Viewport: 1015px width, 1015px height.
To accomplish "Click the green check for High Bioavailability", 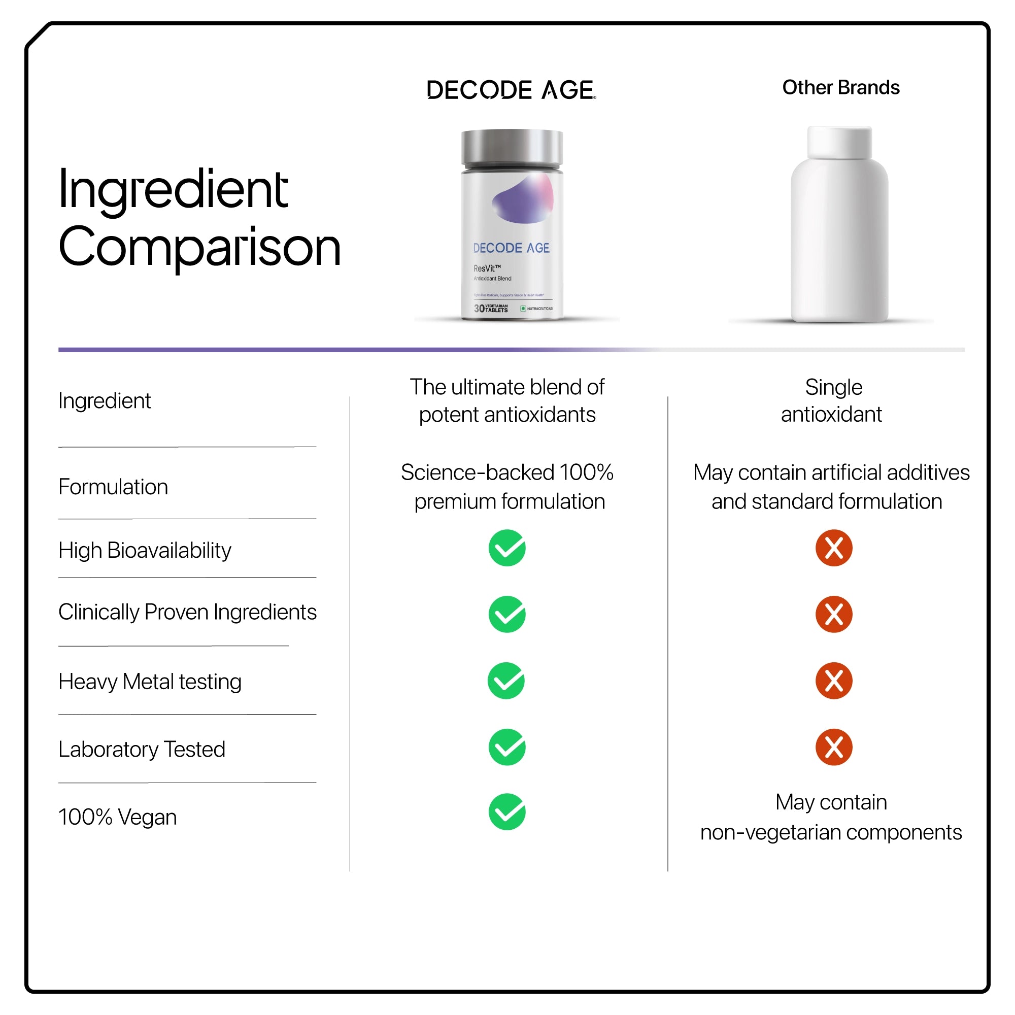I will [507, 548].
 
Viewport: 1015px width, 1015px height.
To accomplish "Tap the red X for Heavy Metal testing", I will [834, 681].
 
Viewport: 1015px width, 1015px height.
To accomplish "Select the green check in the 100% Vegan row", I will [507, 811].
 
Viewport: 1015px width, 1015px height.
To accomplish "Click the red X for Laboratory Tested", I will [834, 747].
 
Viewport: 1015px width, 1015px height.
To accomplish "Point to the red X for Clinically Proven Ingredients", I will [834, 614].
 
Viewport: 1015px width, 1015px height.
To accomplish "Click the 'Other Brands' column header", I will [840, 87].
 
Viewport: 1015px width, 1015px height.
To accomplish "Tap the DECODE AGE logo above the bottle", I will [511, 90].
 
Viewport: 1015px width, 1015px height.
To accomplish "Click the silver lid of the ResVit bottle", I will [512, 148].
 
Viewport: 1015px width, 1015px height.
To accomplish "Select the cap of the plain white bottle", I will [839, 142].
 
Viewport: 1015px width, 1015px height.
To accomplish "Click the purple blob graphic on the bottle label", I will [523, 199].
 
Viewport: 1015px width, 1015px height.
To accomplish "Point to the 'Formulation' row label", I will [113, 487].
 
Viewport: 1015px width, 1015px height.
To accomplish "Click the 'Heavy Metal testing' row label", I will [150, 682].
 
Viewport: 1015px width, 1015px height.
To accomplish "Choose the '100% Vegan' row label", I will [117, 818].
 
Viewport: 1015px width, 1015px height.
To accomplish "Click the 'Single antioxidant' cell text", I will [832, 401].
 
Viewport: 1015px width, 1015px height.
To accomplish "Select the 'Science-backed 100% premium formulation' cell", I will [507, 487].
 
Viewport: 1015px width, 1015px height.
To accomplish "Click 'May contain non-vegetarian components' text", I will [831, 818].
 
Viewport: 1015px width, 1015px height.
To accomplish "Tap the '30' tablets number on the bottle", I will [479, 309].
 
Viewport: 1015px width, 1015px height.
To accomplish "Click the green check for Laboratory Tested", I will [507, 747].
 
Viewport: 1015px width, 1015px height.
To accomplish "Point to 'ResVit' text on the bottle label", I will [484, 268].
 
